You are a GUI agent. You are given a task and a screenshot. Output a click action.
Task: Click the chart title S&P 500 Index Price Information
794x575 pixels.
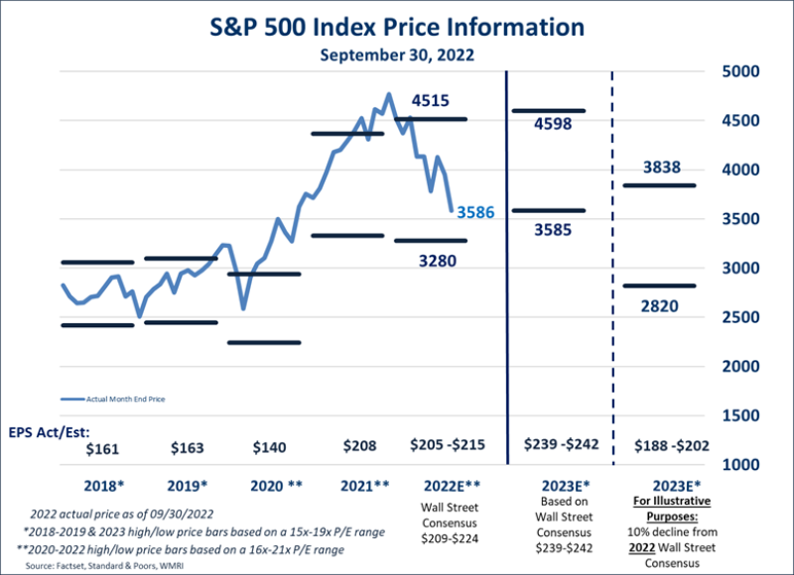397,25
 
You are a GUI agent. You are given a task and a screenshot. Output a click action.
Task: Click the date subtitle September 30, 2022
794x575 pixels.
397,55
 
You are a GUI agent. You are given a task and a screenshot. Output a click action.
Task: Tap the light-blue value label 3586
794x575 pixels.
475,211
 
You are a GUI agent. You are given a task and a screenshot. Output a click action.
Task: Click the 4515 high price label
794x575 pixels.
433,100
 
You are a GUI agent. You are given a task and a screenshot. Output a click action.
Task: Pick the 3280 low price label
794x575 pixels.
433,261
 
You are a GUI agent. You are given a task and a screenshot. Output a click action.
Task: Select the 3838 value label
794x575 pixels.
660,168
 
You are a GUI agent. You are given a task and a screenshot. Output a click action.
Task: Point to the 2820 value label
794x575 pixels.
660,305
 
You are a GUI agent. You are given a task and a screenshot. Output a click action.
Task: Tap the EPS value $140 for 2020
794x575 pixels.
270,448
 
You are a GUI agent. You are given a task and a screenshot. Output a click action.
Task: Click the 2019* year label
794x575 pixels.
188,487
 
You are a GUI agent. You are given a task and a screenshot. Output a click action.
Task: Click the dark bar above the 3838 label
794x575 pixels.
659,185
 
